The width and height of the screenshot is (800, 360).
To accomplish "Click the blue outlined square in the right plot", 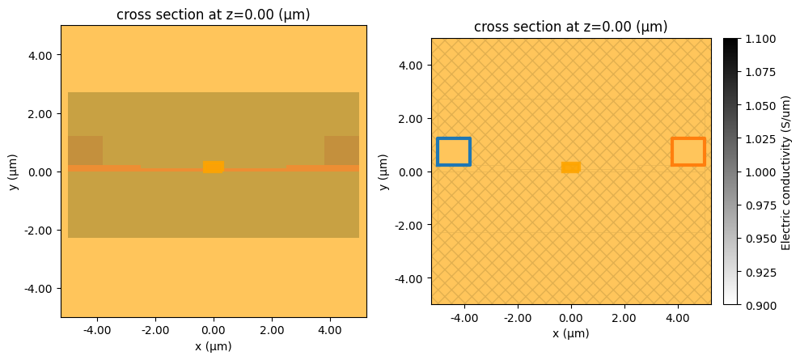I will click(x=454, y=152).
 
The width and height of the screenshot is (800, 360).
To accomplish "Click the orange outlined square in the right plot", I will click(x=688, y=152).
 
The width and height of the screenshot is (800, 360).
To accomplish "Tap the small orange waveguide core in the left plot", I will click(x=214, y=167).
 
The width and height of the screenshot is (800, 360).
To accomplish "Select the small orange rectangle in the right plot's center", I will click(x=571, y=167).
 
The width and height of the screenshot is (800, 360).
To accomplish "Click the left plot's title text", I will click(x=214, y=15).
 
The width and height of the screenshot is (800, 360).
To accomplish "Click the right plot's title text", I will click(x=571, y=27).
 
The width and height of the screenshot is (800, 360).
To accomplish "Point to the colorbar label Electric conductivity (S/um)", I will click(x=785, y=172).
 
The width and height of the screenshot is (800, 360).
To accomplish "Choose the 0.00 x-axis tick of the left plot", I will click(x=214, y=330).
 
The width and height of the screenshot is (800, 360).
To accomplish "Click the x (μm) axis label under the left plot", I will click(x=214, y=346).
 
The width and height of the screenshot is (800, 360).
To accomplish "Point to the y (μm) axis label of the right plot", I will click(x=384, y=172).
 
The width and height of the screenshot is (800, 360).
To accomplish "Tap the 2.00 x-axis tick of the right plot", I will click(x=624, y=318).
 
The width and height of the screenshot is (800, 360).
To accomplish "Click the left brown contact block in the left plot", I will click(x=85, y=150).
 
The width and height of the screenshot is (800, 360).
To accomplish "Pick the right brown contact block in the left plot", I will click(x=341, y=150).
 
